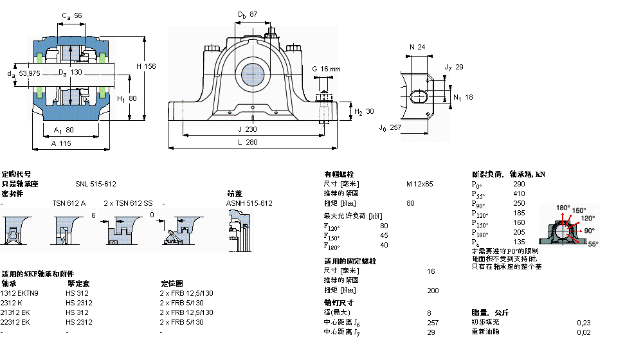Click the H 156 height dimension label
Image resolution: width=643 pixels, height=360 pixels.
[146, 66]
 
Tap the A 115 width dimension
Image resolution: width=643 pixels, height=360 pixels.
[62, 143]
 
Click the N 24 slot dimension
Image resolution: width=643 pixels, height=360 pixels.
[417, 47]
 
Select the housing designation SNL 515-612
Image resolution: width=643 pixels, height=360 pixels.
[95, 184]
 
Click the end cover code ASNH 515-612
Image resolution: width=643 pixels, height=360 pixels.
[249, 203]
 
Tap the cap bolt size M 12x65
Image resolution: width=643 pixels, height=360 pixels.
[419, 184]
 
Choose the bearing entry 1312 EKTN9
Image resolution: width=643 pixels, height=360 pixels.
[20, 293]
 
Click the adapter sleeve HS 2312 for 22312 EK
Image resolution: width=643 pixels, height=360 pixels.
[78, 322]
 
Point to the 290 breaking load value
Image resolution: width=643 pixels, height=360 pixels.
[519, 184]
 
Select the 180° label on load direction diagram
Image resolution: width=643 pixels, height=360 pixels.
[563, 207]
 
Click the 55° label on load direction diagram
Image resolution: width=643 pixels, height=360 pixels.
[593, 244]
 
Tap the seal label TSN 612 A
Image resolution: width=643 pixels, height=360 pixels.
[69, 203]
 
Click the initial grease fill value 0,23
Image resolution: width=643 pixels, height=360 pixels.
[583, 322]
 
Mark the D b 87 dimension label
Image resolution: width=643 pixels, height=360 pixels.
[248, 14]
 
